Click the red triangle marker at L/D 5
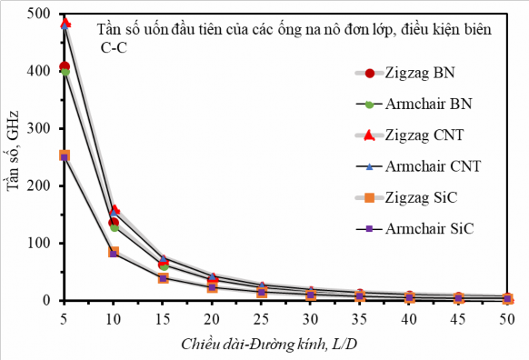coord(65,22)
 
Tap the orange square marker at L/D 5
coord(65,155)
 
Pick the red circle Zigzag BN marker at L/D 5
coord(65,66)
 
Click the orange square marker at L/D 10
coord(114,252)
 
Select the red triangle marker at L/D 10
coord(114,210)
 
